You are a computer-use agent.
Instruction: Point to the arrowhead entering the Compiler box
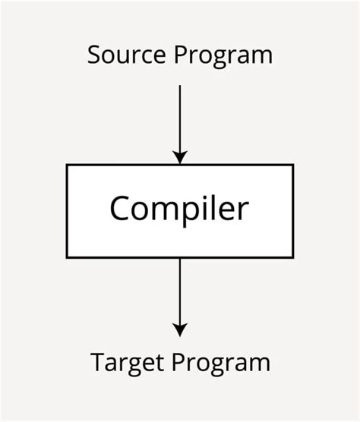click(x=179, y=157)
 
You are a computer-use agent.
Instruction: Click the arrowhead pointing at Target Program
click(x=179, y=330)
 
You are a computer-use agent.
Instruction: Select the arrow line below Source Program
click(x=179, y=118)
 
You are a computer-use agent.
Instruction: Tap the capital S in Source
click(x=94, y=55)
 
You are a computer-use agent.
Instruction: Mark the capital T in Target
click(x=98, y=361)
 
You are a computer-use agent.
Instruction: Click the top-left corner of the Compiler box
click(x=67, y=165)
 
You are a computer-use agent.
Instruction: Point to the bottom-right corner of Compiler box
click(x=292, y=257)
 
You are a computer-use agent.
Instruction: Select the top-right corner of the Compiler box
click(x=292, y=165)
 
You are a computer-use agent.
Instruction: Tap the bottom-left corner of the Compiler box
click(x=67, y=257)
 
